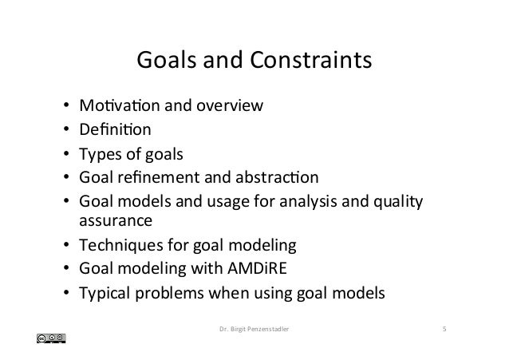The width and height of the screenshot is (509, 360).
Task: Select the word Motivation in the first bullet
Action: [109, 105]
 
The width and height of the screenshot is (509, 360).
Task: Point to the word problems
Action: [172, 293]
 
